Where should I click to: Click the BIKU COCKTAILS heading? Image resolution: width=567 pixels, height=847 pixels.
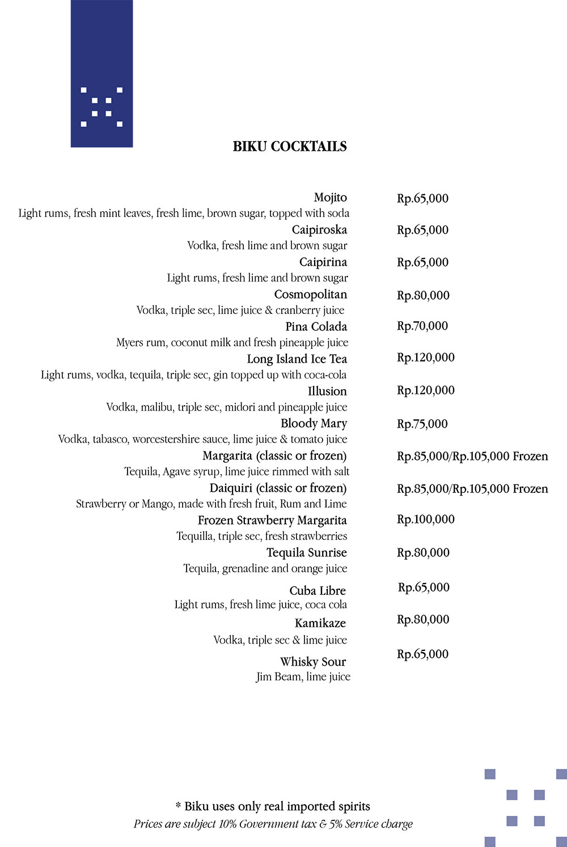click(290, 146)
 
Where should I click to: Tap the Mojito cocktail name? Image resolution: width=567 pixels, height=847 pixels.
click(330, 198)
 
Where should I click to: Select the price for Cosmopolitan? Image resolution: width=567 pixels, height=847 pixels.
click(423, 295)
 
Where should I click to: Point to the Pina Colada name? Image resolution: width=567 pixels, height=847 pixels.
click(316, 327)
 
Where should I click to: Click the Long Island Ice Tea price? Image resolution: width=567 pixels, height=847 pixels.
click(425, 357)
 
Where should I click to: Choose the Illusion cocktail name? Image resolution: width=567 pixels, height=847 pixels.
click(327, 391)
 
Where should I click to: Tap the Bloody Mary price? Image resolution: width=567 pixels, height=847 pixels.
click(422, 424)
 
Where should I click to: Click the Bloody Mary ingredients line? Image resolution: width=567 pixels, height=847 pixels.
click(202, 439)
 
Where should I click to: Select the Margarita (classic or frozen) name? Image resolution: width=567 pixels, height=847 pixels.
click(274, 456)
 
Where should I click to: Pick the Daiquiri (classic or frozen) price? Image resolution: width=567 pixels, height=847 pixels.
click(472, 489)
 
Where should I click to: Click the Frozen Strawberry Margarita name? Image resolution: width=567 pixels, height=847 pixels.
click(272, 521)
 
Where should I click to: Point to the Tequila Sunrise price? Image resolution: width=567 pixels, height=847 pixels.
click(423, 552)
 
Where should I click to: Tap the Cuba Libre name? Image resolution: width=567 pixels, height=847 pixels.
click(318, 591)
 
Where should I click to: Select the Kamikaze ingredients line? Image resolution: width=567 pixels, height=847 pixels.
click(280, 640)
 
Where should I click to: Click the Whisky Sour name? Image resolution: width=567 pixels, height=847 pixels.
click(312, 662)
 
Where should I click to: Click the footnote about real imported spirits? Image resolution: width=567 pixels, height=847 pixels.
click(273, 806)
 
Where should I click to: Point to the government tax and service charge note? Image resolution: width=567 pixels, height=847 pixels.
click(273, 824)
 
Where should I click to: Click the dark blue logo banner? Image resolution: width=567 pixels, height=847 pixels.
click(101, 74)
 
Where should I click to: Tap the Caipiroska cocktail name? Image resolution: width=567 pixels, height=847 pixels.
click(319, 230)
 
